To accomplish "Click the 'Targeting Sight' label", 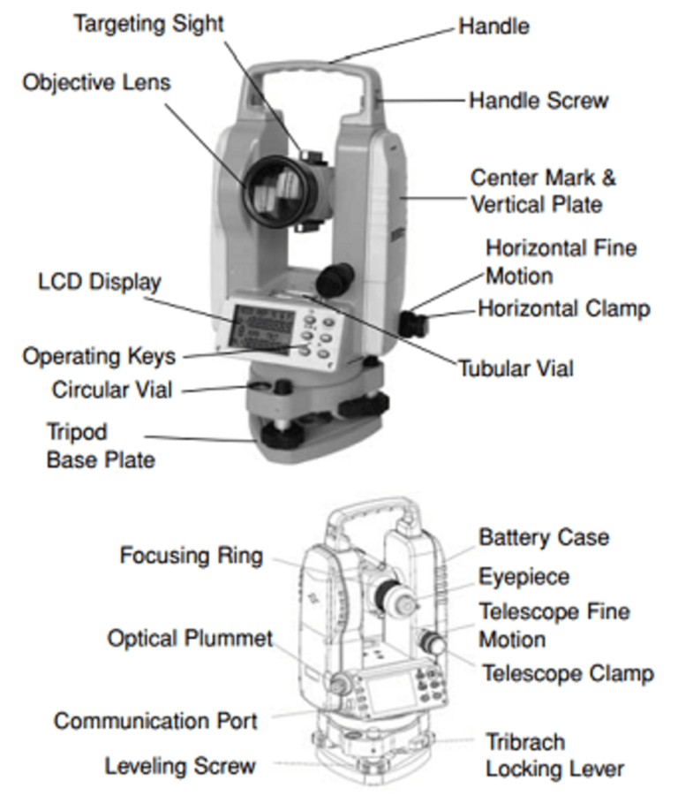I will (x=148, y=23).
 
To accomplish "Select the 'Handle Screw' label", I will (x=539, y=100).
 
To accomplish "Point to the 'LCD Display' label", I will (x=100, y=282).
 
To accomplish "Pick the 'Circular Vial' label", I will (x=112, y=389).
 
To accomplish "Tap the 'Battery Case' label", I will (x=544, y=536).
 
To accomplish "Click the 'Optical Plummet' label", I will (x=191, y=638).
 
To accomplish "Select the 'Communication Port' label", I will (x=155, y=720).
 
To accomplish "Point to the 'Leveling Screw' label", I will (x=180, y=765).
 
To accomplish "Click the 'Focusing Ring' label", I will (x=192, y=556).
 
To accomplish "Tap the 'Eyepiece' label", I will (x=524, y=577).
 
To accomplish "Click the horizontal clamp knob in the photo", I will (x=411, y=322).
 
